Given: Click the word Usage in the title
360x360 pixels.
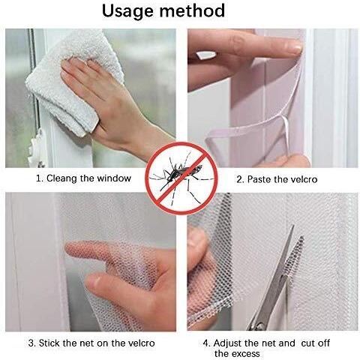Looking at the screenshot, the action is [x=128, y=11].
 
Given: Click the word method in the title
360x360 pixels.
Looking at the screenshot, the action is [x=192, y=10].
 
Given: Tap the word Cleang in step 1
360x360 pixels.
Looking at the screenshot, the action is [x=61, y=178].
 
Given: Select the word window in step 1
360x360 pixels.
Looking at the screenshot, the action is [x=114, y=178].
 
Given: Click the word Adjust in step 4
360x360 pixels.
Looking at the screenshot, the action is [x=228, y=343].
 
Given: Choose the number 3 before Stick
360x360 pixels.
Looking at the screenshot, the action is [x=31, y=343].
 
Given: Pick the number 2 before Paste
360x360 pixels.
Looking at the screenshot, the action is [x=240, y=179].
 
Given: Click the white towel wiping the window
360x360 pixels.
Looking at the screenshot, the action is [x=75, y=80].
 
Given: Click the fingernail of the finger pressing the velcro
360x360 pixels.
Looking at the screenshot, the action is [x=296, y=46].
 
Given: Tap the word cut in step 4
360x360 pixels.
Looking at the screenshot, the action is [x=307, y=343].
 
